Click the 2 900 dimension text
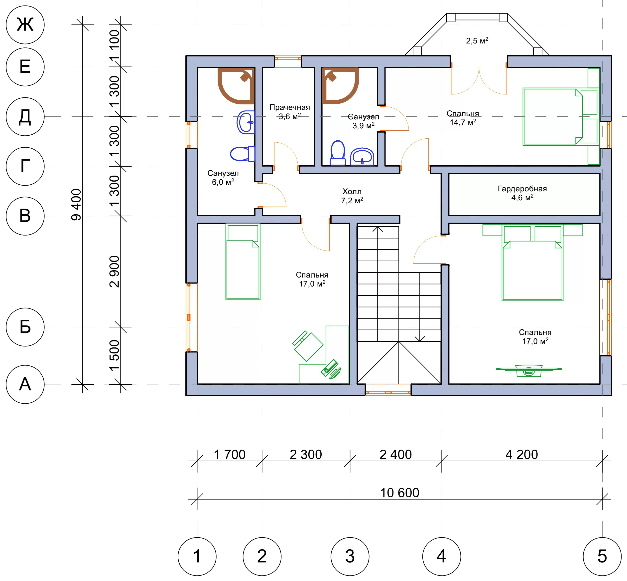[x=115, y=272]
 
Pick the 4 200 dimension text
[x=521, y=455]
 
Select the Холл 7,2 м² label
[x=352, y=196]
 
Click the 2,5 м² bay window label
[x=477, y=40]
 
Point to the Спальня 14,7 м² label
[x=463, y=118]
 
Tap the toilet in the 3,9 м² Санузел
[x=338, y=153]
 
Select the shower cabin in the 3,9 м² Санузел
[x=340, y=86]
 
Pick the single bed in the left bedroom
[x=243, y=262]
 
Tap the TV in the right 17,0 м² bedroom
[x=529, y=371]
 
